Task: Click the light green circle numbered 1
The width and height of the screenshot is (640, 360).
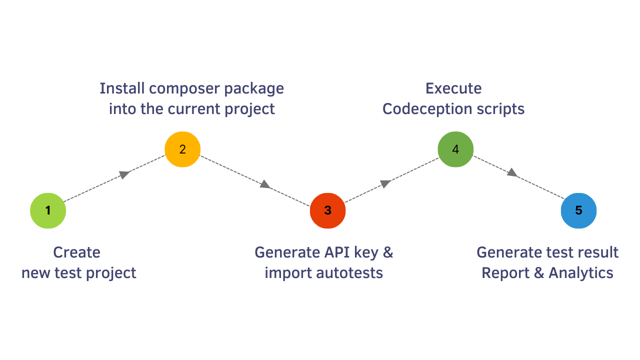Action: pyautogui.click(x=48, y=210)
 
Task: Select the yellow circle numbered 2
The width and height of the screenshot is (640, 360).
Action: pyautogui.click(x=182, y=149)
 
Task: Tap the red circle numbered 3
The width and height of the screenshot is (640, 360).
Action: pyautogui.click(x=327, y=210)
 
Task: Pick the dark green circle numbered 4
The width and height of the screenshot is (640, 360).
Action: pyautogui.click(x=455, y=149)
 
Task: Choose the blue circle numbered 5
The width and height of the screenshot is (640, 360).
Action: pyautogui.click(x=578, y=210)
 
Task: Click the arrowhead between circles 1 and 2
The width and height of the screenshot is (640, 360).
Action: pyautogui.click(x=124, y=174)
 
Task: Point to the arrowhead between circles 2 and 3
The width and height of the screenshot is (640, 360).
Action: pyautogui.click(x=265, y=184)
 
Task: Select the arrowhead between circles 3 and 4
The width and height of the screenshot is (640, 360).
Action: pyautogui.click(x=385, y=183)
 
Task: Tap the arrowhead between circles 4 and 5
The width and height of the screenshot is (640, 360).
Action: pyautogui.click(x=512, y=172)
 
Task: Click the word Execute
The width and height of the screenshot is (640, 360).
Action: pyautogui.click(x=453, y=88)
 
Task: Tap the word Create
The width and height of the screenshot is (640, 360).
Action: pyautogui.click(x=76, y=252)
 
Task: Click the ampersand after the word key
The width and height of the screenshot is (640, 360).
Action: pyautogui.click(x=387, y=252)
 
